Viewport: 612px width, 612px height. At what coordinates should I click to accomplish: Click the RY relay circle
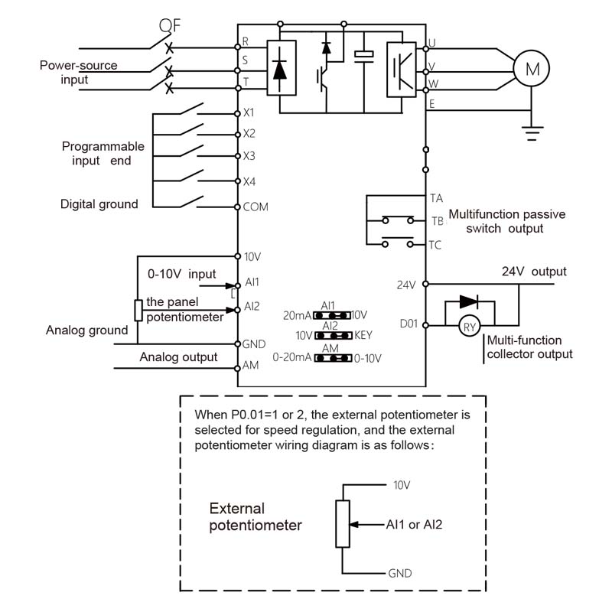pos(469,327)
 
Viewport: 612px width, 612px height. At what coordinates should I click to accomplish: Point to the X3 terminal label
pos(249,156)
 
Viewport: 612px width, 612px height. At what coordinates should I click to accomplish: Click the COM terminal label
pos(256,207)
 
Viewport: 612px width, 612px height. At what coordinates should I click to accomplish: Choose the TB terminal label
pos(437,221)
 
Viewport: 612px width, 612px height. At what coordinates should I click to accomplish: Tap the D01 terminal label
pos(409,324)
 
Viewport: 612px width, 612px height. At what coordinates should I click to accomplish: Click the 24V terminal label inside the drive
pos(405,285)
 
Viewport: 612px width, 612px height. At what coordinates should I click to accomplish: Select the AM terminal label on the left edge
pos(251,366)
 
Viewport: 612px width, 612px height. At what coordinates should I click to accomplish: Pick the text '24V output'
pos(534,272)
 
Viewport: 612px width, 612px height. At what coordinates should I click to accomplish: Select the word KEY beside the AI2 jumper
pos(363,335)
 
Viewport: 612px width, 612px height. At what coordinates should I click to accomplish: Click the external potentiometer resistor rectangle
pos(342,524)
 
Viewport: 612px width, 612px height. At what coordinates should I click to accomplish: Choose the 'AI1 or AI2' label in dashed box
pos(415,525)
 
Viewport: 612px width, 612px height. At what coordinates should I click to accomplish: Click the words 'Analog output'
pos(178,357)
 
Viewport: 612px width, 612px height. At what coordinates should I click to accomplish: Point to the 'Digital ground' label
pos(99,204)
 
